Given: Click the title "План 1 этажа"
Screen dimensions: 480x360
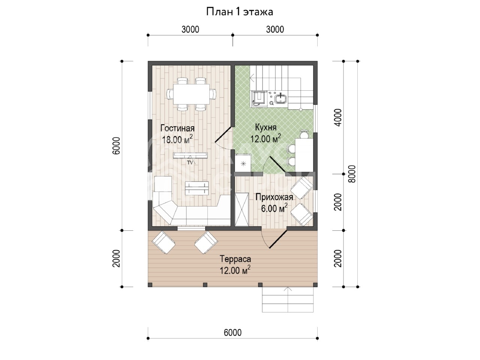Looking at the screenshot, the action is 240,12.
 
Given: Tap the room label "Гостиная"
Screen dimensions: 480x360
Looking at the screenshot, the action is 177,128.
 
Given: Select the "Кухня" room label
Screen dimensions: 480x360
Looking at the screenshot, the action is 266,127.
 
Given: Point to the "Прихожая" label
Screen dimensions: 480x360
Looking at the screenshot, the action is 274,197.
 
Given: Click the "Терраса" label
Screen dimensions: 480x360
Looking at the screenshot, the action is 235,259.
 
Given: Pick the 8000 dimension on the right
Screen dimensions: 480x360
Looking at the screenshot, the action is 352,174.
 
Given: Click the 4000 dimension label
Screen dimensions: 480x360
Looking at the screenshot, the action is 338,118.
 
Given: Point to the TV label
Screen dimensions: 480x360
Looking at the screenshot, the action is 190,163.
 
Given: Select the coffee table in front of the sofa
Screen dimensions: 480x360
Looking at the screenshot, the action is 197,188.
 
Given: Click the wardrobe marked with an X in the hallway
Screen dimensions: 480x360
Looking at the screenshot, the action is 241,209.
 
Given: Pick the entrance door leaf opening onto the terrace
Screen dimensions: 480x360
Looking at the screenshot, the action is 278,239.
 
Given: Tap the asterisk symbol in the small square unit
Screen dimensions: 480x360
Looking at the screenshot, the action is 243,163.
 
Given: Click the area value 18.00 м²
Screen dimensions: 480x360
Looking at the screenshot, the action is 177,139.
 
